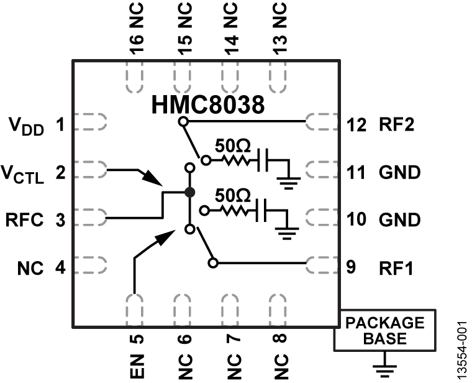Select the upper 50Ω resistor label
point(232,146)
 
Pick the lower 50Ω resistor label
point(232,195)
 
